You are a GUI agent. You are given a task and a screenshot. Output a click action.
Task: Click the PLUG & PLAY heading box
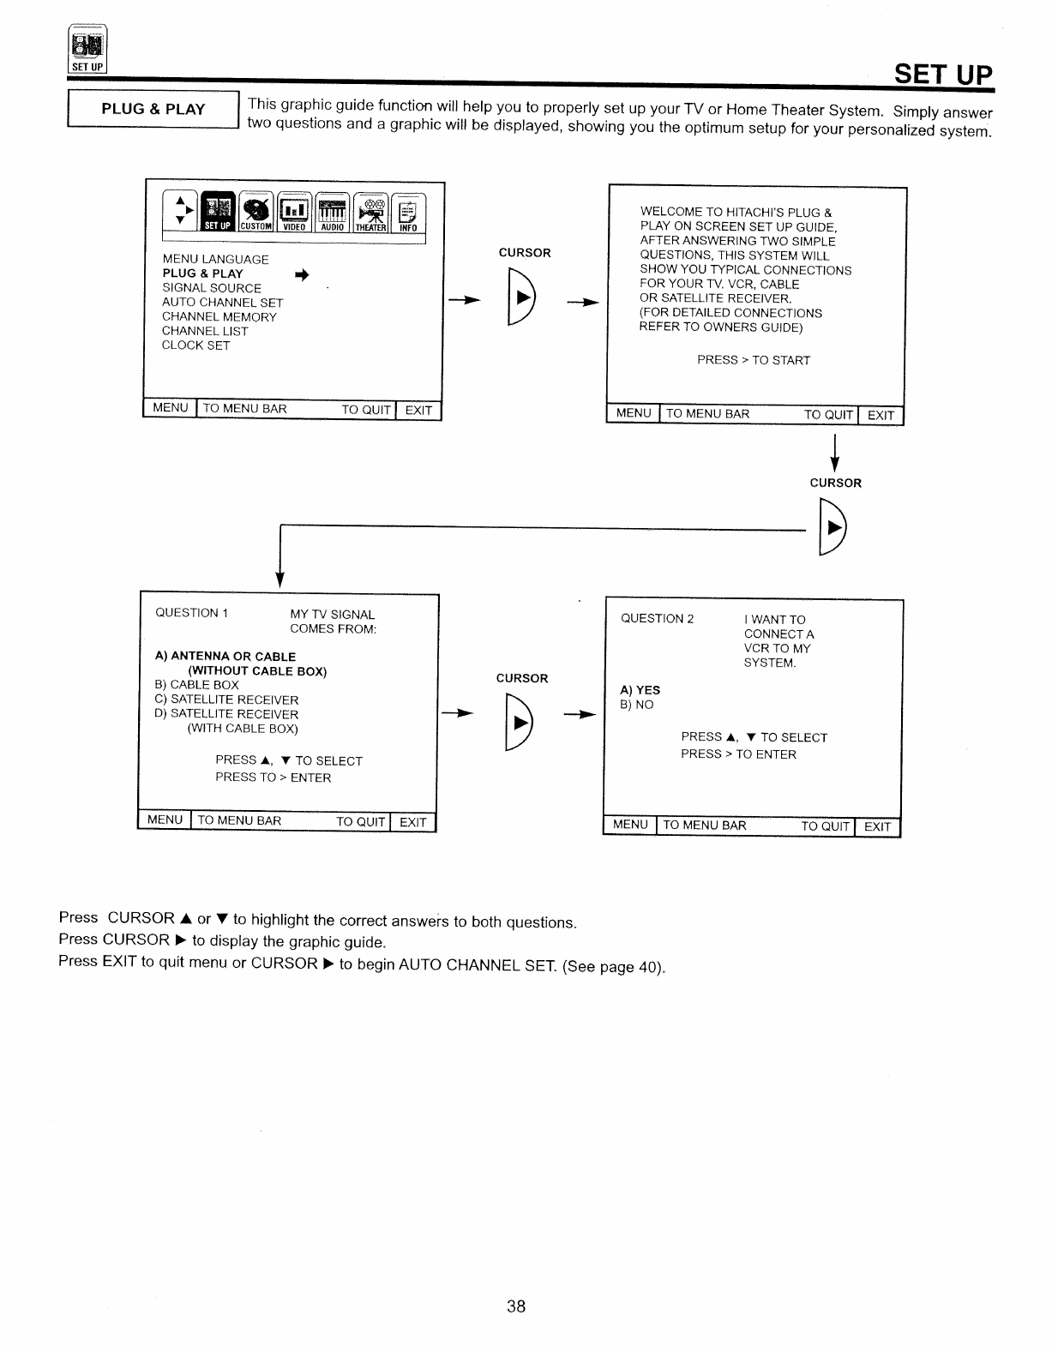pyautogui.click(x=153, y=110)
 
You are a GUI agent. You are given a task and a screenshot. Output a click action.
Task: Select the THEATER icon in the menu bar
pyautogui.click(x=370, y=213)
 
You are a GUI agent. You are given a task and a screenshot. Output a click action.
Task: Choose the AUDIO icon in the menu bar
pyautogui.click(x=332, y=213)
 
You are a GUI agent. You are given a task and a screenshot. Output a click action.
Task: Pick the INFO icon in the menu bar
pyautogui.click(x=407, y=213)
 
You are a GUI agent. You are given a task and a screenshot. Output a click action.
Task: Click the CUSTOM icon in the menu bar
pyautogui.click(x=255, y=213)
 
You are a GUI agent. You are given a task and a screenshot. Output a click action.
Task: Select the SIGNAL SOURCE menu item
pyautogui.click(x=212, y=288)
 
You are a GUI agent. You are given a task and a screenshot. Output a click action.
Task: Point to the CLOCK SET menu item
pyautogui.click(x=196, y=345)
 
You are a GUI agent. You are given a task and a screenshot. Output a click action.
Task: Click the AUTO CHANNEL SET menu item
pyautogui.click(x=223, y=303)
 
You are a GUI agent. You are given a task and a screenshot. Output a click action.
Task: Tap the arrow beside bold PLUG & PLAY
pyautogui.click(x=301, y=274)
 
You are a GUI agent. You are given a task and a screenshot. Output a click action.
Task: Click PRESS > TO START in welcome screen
pyautogui.click(x=754, y=360)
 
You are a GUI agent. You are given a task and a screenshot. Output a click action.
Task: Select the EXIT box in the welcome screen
pyautogui.click(x=881, y=416)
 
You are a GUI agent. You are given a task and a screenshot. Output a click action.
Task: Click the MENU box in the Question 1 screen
pyautogui.click(x=165, y=820)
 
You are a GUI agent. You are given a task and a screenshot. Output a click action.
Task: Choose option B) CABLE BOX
pyautogui.click(x=197, y=685)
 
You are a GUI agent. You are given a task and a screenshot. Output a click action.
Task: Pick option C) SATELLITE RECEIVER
pyautogui.click(x=226, y=700)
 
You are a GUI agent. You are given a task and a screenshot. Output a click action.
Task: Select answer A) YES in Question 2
pyautogui.click(x=640, y=690)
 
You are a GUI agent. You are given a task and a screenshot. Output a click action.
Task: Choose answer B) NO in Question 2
pyautogui.click(x=637, y=705)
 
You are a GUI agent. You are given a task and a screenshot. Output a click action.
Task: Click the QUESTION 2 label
pyautogui.click(x=657, y=619)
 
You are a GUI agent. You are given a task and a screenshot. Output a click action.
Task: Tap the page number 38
pyautogui.click(x=516, y=1306)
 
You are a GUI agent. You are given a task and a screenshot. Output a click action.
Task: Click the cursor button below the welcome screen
pyautogui.click(x=833, y=528)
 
